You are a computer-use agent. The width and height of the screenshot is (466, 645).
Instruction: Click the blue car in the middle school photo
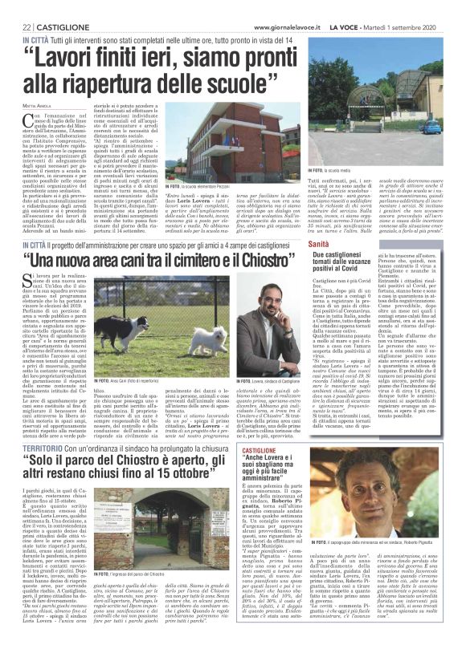pyautogui.click(x=435, y=127)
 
